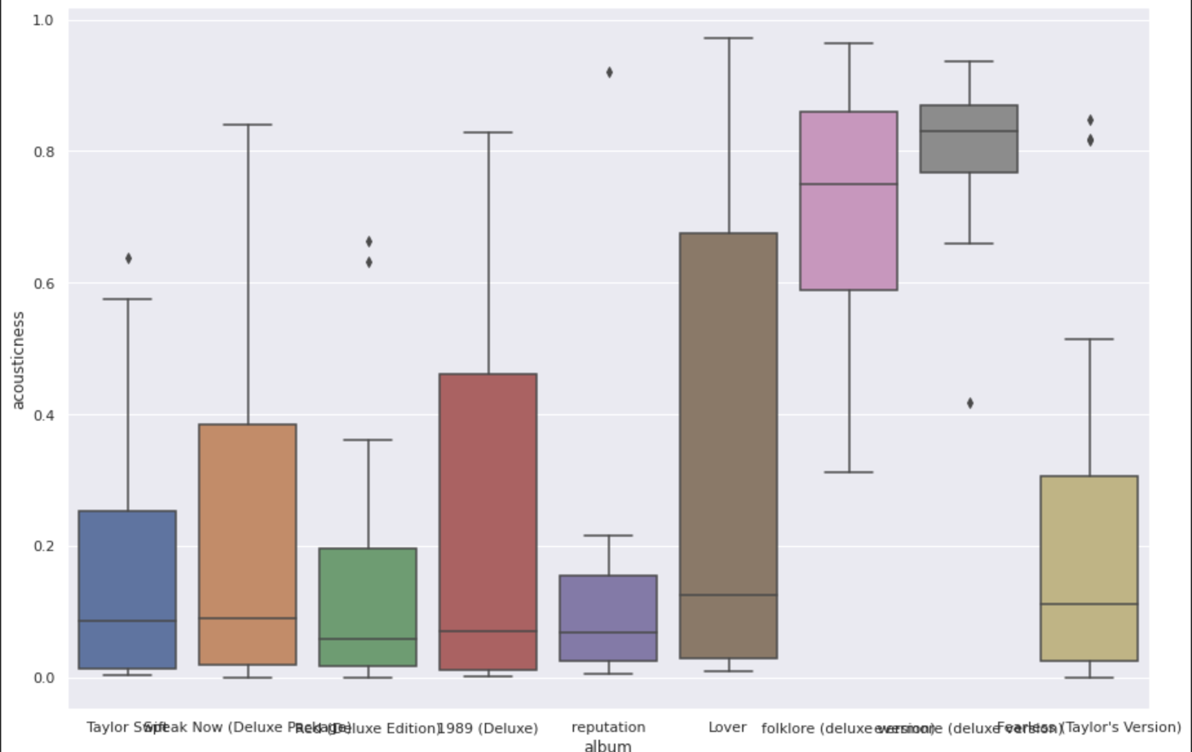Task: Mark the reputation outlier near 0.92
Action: click(x=610, y=72)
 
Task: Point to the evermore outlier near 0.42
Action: click(x=970, y=403)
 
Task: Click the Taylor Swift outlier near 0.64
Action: click(x=129, y=258)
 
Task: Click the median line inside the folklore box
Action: click(x=849, y=184)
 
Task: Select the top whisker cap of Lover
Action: click(x=729, y=38)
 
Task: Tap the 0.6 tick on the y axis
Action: click(x=44, y=283)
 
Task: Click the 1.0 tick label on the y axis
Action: click(x=43, y=21)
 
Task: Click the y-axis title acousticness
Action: click(x=18, y=360)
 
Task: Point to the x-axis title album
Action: click(x=608, y=746)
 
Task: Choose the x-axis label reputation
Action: click(x=608, y=727)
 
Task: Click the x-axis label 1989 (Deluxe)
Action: click(x=488, y=728)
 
